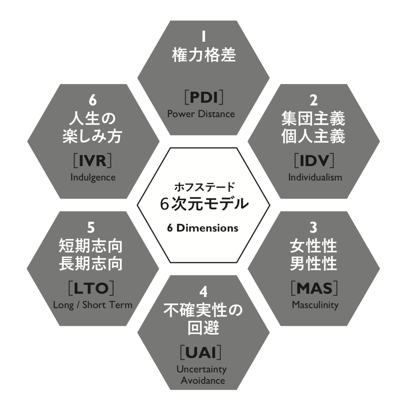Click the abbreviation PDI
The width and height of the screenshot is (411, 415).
coord(204,97)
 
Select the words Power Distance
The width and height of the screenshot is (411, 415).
coord(201,114)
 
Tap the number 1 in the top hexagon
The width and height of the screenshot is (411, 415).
coord(204,36)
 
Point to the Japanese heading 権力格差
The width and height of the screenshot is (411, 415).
coord(204,55)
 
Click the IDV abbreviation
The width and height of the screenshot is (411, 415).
coord(314,161)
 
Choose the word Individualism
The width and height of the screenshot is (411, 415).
coord(315,177)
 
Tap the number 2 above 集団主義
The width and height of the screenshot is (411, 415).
coord(314,100)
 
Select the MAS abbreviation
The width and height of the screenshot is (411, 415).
coord(314,288)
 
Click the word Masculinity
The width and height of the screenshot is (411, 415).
coord(315,305)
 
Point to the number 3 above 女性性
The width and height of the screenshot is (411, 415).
coord(313,227)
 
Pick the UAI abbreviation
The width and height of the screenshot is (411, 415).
coord(201,352)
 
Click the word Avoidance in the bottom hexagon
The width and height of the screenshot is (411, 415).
coord(203,380)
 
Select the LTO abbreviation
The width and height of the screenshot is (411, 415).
coord(91,288)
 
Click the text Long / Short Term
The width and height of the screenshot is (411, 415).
coord(93,305)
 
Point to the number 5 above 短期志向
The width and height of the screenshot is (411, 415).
coord(91,227)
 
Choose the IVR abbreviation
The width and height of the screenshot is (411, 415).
coord(93,161)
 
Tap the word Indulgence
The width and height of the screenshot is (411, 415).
coord(93,177)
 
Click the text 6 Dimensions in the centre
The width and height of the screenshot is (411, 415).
coord(203,228)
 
